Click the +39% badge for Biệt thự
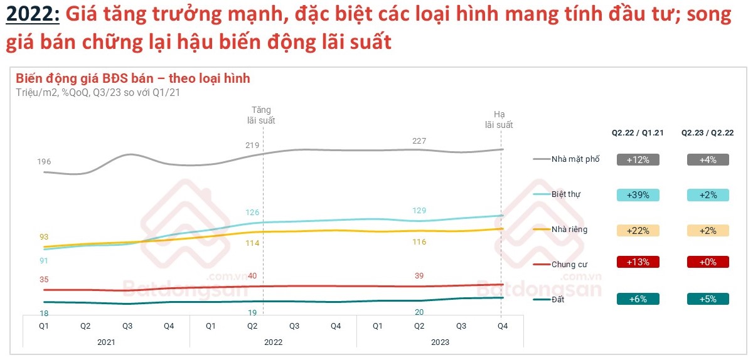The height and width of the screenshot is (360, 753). coord(638,194)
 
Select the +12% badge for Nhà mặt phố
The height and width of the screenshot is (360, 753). coord(638,159)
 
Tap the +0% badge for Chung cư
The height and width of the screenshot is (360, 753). coord(707,262)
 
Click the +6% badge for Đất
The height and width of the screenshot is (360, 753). coord(638,299)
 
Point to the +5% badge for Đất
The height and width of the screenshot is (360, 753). coord(707,299)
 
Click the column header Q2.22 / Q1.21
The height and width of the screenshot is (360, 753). coord(638,133)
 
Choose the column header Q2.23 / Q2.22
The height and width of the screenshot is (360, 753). coord(708,133)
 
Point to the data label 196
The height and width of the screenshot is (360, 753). coord(44,162)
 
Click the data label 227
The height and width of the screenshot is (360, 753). coord(419,141)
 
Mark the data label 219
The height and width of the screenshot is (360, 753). coord(252,146)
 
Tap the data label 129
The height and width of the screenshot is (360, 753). coord(419,211)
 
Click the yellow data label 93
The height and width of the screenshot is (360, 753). coord(44,237)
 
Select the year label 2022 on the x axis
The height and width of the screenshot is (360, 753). coord(273,342)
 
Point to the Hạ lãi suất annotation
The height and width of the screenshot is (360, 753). coord(499,120)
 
